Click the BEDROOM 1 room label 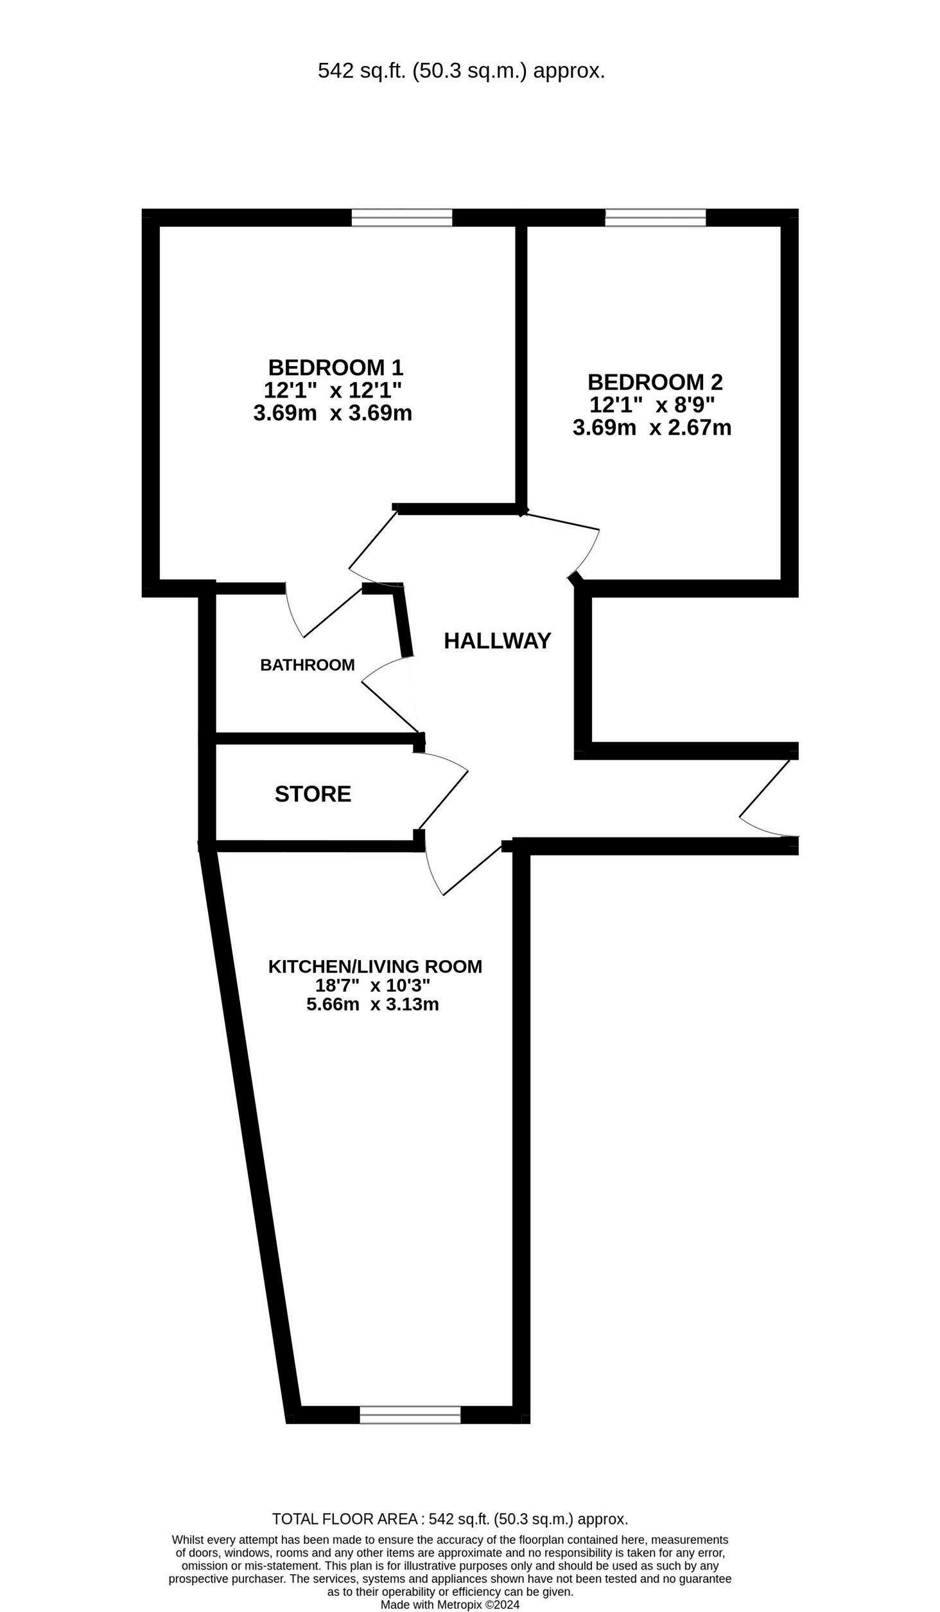click(335, 367)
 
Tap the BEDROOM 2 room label click(654, 382)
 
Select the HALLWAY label click(497, 641)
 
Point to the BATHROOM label click(307, 665)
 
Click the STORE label click(313, 794)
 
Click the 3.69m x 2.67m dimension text click(652, 427)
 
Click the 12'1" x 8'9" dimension click(652, 405)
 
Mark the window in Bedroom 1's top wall click(401, 218)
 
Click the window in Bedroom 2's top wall click(655, 218)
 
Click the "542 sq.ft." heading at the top click(461, 71)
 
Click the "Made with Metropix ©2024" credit click(449, 1604)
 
